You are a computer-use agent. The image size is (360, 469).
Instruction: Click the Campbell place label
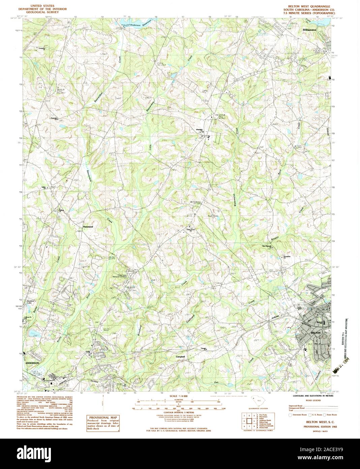(180, 356)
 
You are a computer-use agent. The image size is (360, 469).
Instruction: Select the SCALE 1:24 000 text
(180, 396)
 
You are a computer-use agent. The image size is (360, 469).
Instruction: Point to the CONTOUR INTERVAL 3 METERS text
(179, 412)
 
